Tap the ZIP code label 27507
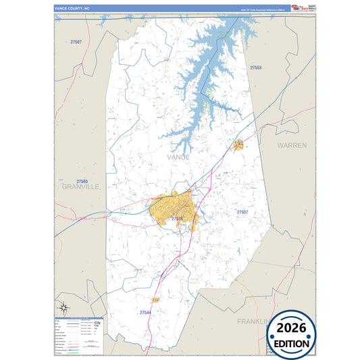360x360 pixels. click(76, 43)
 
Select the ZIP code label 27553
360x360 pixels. click(255, 68)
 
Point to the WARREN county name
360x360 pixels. click(292, 145)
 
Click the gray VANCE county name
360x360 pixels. click(178, 157)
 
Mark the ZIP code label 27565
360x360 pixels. click(82, 181)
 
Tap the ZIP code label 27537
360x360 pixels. click(242, 212)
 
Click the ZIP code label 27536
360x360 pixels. click(176, 219)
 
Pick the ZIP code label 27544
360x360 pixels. click(145, 313)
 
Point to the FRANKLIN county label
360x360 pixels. click(255, 322)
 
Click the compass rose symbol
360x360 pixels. click(63, 308)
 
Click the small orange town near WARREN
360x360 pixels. click(238, 145)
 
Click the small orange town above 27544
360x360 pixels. click(155, 299)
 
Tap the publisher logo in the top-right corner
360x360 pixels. click(297, 7)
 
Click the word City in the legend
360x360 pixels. click(97, 323)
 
